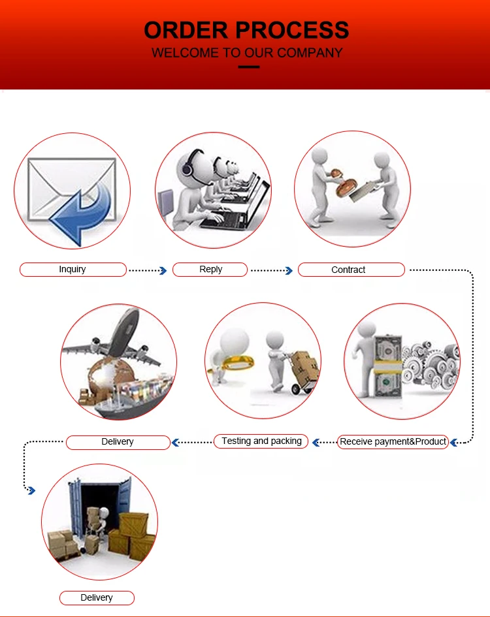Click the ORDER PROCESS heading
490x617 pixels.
pos(246,30)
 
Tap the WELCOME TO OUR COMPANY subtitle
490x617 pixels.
pos(246,53)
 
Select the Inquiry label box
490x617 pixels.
pos(73,270)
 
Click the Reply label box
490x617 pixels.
pos(210,270)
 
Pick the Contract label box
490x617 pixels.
pos(351,270)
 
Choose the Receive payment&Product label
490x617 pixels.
pos(393,442)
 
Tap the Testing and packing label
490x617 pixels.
pos(261,441)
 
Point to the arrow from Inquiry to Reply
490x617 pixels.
pos(148,270)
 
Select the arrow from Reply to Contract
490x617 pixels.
pos(272,270)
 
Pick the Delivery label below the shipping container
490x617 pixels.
pos(97,598)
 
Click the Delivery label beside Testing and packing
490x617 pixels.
pos(118,442)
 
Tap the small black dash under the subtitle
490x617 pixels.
pos(248,67)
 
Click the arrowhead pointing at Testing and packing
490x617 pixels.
pos(316,443)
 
